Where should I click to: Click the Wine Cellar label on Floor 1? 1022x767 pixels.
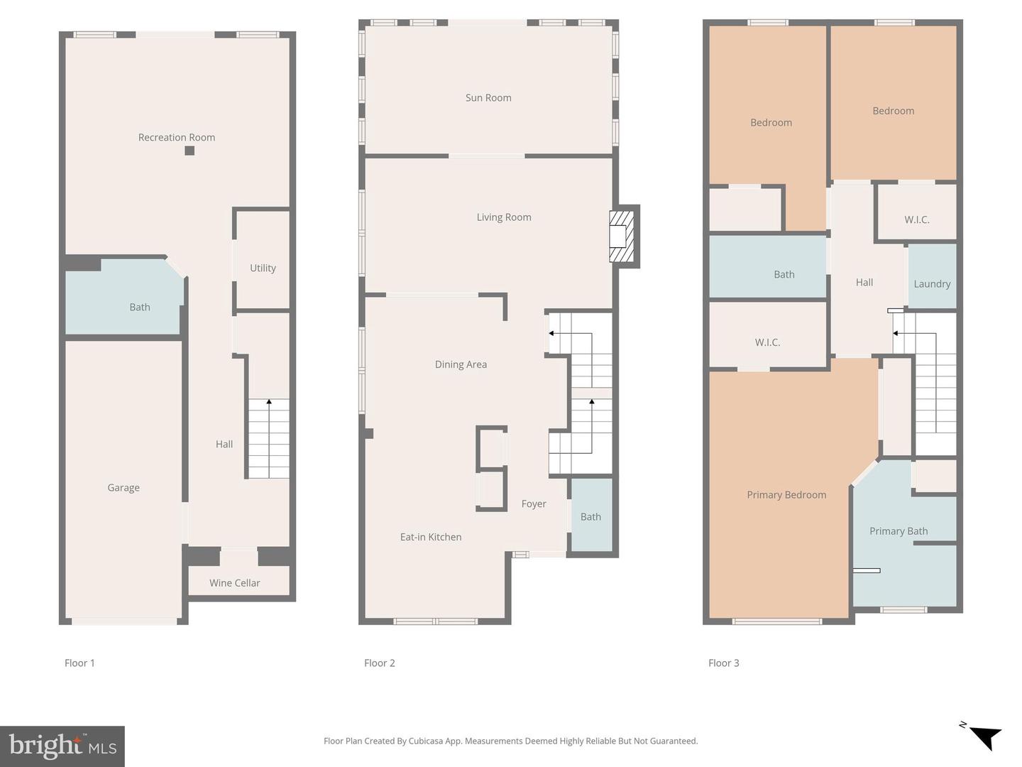235,583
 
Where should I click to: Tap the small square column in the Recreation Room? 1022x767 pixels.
189,151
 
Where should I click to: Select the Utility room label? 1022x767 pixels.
263,268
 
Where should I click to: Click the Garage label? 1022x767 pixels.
123,488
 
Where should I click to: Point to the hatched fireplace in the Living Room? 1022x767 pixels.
622,236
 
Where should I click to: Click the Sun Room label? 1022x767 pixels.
488,98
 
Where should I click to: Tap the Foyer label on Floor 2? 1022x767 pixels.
534,504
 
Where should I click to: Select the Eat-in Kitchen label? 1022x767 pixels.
431,537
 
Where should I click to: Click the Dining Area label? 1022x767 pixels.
461,364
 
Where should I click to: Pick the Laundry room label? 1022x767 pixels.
932,284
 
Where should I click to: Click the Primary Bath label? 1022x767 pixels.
899,531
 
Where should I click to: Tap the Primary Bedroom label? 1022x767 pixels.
786,495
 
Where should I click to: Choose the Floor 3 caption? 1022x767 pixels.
723,663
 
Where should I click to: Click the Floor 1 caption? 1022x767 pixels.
79,663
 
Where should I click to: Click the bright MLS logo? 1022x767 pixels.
62,746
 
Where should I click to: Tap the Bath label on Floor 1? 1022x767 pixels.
140,308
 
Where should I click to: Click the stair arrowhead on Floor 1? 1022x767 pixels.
269,401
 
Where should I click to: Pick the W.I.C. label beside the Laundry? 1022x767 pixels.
917,220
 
